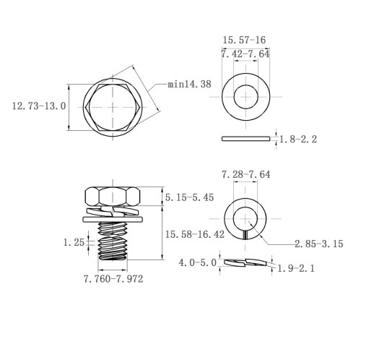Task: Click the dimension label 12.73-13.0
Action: [x=39, y=106]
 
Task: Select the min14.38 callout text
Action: [x=189, y=84]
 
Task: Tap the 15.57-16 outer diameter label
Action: [x=244, y=40]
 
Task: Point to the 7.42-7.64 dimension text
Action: [x=245, y=54]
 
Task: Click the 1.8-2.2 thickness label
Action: [x=298, y=140]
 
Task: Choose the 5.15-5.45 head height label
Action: [x=189, y=197]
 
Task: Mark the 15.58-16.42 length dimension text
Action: [x=195, y=234]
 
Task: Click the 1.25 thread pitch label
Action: [x=74, y=242]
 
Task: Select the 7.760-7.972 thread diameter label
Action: [x=113, y=279]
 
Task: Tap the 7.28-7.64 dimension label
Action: [x=245, y=174]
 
